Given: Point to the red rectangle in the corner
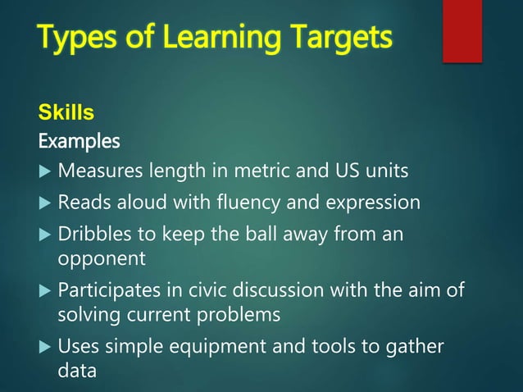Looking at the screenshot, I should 462,30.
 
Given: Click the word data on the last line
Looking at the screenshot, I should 76,371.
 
